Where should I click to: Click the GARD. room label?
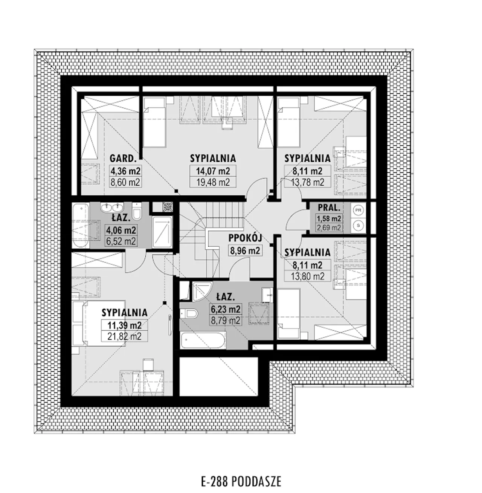[x=123, y=159]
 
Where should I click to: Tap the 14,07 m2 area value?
[x=213, y=171]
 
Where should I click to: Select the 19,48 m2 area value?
[x=213, y=182]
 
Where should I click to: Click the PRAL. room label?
[x=329, y=208]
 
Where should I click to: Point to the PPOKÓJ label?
[x=245, y=238]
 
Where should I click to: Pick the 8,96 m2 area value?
[x=245, y=250]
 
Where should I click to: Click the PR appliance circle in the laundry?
[x=358, y=210]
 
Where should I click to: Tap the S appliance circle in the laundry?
[x=358, y=225]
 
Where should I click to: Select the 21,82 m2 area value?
[x=124, y=336]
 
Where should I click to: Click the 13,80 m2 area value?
[x=308, y=276]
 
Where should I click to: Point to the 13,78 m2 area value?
[x=308, y=182]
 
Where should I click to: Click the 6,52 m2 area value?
[x=121, y=241]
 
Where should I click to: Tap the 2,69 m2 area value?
[x=329, y=227]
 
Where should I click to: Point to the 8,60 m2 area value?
[x=125, y=182]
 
